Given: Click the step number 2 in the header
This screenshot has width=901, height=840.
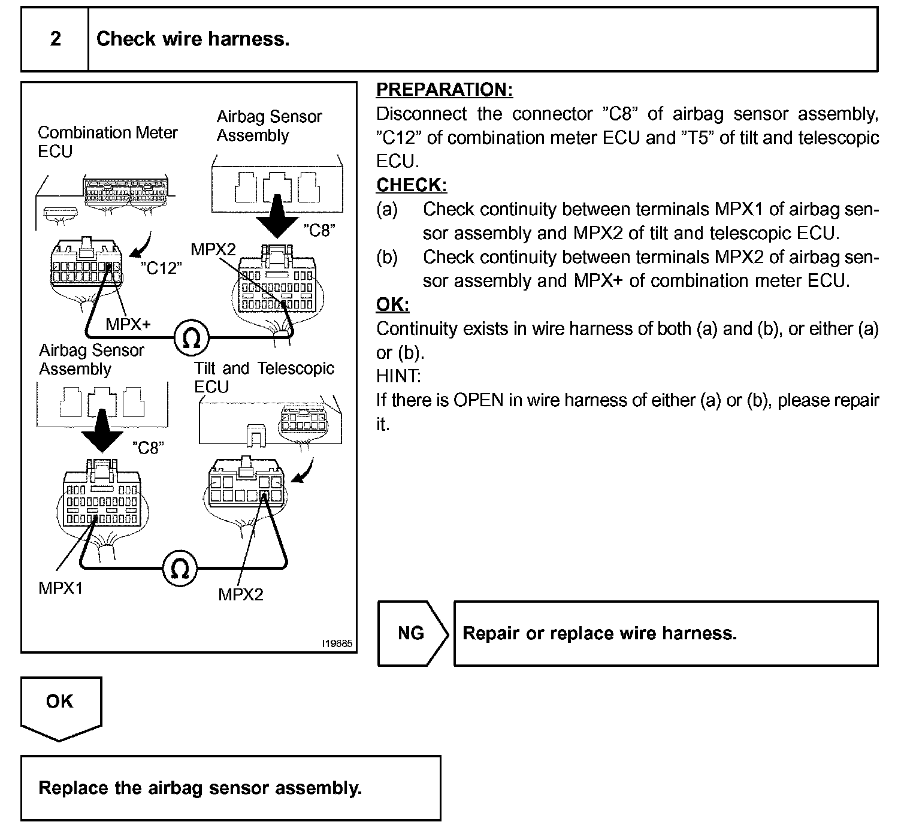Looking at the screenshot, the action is click(55, 38).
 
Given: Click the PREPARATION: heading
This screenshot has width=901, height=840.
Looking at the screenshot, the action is click(445, 90).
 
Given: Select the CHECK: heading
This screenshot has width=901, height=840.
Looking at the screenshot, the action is click(412, 185).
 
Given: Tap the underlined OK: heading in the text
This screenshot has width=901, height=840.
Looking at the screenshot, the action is click(393, 304).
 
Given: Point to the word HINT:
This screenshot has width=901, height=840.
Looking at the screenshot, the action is click(398, 376).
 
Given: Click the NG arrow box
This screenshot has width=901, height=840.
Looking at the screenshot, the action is click(413, 633).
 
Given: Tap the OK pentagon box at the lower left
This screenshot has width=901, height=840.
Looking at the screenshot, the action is click(61, 709).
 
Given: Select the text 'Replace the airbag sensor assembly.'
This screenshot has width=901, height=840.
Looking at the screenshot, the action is click(200, 788).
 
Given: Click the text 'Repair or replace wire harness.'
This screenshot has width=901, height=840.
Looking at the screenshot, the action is click(599, 633).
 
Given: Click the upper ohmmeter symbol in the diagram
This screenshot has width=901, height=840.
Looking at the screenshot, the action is click(192, 338).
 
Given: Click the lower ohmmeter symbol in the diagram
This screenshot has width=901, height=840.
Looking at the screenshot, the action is click(180, 568).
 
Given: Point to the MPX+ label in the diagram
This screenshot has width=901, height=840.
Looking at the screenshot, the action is click(128, 325).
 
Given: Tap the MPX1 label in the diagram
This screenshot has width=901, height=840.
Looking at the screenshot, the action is click(61, 588).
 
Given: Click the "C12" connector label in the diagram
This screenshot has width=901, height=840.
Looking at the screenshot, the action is click(161, 268).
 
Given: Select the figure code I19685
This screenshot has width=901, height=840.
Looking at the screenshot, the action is click(337, 643).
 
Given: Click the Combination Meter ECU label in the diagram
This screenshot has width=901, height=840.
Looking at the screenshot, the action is click(107, 141).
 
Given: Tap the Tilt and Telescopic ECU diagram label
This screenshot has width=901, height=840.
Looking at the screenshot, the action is click(264, 377).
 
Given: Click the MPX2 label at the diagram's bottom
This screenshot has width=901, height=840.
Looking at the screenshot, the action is click(241, 594).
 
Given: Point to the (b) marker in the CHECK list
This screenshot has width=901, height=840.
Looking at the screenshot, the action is click(387, 257).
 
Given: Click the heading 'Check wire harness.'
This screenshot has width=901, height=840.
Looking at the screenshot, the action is click(193, 38).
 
